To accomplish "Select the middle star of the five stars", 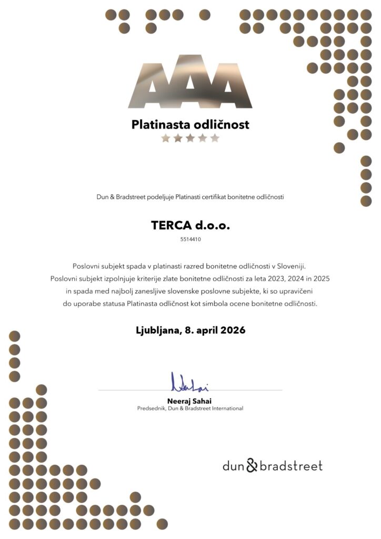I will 190,138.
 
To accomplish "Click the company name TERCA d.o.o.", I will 190,225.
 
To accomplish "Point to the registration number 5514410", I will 190,239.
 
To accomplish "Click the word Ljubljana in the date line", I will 157,331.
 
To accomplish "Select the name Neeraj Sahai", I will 190,401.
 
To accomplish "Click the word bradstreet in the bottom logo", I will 290,466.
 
